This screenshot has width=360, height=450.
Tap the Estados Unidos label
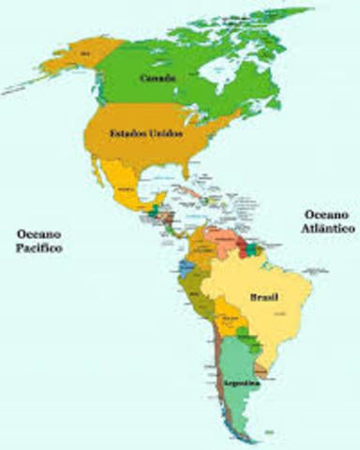[x=145, y=134]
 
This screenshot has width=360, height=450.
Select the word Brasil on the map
[x=262, y=297]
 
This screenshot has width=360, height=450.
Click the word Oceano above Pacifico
[x=38, y=233]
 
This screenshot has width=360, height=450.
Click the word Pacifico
[x=38, y=248]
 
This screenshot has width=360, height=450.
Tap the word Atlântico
[x=329, y=228]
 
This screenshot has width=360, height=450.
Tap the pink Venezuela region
[x=222, y=240]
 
